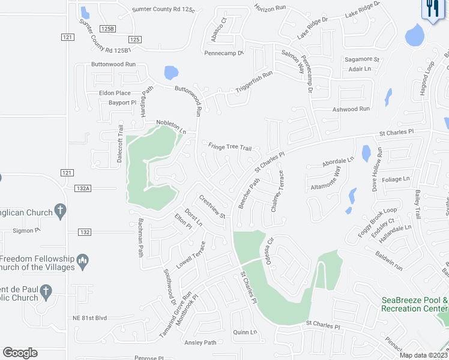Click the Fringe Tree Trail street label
tap(229, 147)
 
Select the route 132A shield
tap(83, 188)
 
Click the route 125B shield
tap(107, 28)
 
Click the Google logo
tap(20, 353)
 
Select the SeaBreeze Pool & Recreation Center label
tap(415, 304)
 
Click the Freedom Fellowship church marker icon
tap(83, 260)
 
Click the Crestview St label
tap(212, 207)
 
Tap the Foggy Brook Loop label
tap(378, 221)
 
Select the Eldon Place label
tap(115, 93)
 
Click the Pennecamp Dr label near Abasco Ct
tap(224, 53)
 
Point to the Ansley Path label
tap(200, 343)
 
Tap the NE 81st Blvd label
tap(89, 317)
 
